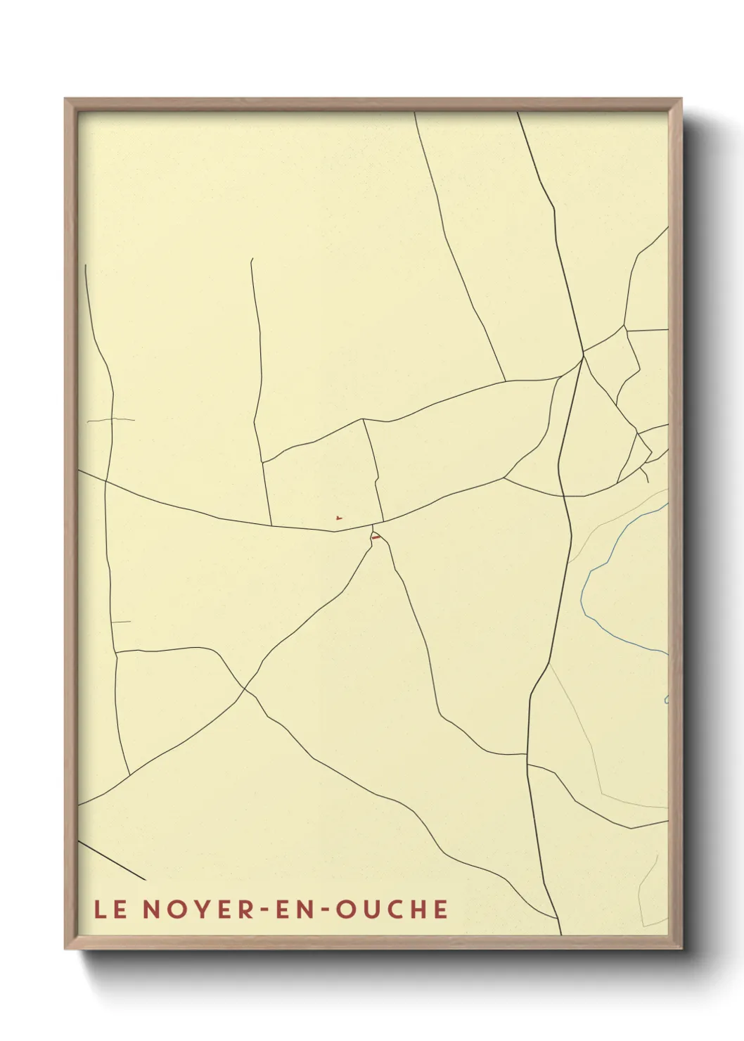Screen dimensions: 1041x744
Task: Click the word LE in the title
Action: (x=110, y=909)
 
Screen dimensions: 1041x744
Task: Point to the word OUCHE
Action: (x=392, y=909)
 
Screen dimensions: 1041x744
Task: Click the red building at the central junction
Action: (x=376, y=538)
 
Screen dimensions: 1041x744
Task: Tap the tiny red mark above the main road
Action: (x=339, y=519)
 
